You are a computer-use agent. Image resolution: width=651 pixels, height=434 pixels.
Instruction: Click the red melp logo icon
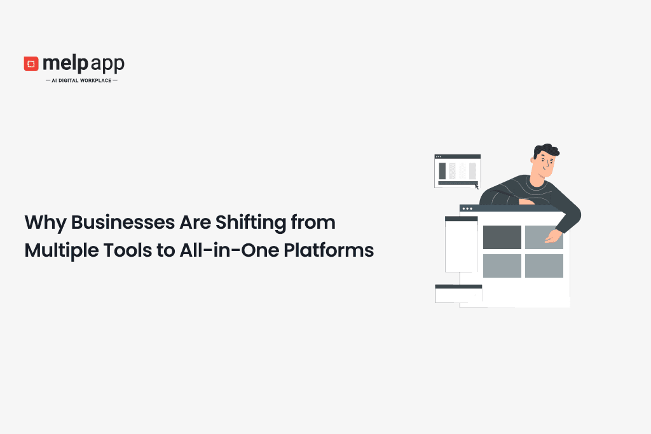[x=31, y=64]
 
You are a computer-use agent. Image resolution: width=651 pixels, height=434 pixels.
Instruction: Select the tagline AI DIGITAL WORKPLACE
[x=82, y=80]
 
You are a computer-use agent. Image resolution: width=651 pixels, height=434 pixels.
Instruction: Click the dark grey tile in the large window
[x=502, y=237]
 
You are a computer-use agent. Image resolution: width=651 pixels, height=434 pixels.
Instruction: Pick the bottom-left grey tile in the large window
[x=502, y=266]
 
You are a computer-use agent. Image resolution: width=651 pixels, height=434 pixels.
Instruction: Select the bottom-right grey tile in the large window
[x=544, y=266]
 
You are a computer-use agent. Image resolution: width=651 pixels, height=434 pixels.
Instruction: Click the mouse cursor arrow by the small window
[x=477, y=187]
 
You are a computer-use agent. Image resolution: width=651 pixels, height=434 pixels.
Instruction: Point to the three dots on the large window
[x=467, y=208]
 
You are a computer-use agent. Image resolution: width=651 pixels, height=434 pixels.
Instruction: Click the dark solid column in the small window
[x=442, y=170]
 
